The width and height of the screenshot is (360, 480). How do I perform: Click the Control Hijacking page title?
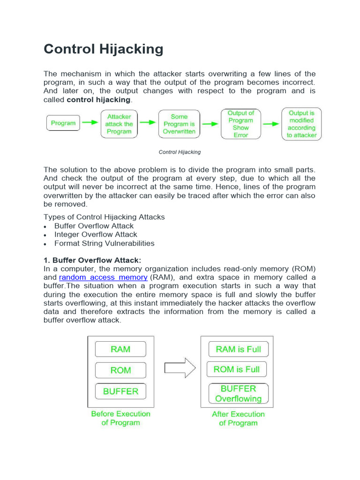tap(104, 49)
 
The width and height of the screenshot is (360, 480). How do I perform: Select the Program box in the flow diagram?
tap(63, 123)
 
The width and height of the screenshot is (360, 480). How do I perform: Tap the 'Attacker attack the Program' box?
tap(119, 124)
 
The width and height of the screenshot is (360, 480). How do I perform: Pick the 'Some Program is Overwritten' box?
tap(179, 124)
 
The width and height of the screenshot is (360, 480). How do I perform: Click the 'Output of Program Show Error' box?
tap(240, 124)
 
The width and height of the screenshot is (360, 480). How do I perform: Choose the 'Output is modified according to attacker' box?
tap(301, 124)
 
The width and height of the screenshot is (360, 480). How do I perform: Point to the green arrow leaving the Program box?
tap(90, 123)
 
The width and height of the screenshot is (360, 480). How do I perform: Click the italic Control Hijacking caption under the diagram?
tap(180, 152)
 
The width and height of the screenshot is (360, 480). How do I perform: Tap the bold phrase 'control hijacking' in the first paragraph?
tap(98, 100)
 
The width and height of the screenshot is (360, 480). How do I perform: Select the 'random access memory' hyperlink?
tap(103, 277)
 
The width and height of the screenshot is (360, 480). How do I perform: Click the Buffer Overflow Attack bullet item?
tap(94, 226)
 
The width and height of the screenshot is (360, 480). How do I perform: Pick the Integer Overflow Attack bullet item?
tap(96, 234)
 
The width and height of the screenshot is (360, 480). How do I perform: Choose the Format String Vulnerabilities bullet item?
tap(104, 243)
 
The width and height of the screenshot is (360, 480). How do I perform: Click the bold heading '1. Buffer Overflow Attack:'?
tap(92, 260)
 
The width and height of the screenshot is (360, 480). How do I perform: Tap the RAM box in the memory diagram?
tap(120, 349)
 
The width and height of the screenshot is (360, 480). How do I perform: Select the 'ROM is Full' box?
tap(236, 369)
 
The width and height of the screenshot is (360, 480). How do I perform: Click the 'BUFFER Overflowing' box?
tap(238, 394)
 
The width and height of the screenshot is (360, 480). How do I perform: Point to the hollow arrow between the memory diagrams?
tap(180, 368)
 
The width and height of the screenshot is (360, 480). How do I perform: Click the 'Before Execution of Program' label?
tap(120, 418)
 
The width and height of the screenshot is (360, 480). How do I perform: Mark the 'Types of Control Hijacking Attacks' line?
tap(104, 217)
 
